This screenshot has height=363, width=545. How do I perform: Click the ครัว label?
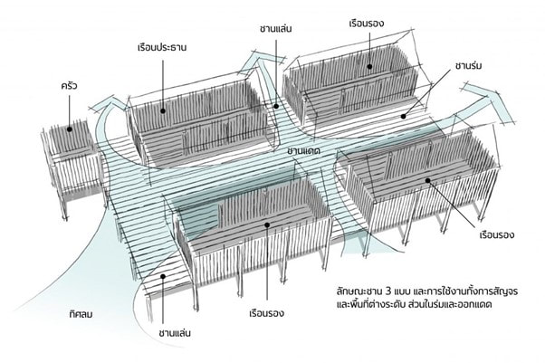pyautogui.click(x=69, y=85)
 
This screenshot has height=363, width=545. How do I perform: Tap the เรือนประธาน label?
pyautogui.click(x=162, y=47)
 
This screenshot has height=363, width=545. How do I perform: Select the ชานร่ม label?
pyautogui.click(x=469, y=66)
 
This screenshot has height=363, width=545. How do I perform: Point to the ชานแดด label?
pyautogui.click(x=303, y=151)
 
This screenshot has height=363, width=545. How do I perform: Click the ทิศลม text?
pyautogui.click(x=81, y=315)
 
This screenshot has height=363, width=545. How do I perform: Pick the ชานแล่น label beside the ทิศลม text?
pyautogui.click(x=175, y=333)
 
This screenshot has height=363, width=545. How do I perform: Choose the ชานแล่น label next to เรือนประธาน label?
pyautogui.click(x=275, y=29)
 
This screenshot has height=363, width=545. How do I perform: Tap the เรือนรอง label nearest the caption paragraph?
pyautogui.click(x=496, y=234)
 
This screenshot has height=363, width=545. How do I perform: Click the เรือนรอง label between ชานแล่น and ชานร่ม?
pyautogui.click(x=367, y=24)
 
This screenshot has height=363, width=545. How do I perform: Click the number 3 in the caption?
pyautogui.click(x=388, y=290)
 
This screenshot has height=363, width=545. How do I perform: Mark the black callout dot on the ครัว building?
pyautogui.click(x=70, y=129)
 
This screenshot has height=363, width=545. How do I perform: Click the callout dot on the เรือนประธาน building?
pyautogui.click(x=163, y=111)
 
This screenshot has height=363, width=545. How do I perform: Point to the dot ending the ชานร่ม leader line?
pyautogui.click(x=403, y=117)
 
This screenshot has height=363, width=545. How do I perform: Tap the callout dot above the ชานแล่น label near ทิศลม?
pyautogui.click(x=162, y=276)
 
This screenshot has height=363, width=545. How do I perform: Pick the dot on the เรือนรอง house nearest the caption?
pyautogui.click(x=428, y=180)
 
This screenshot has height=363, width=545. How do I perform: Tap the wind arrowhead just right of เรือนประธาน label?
pyautogui.click(x=257, y=62)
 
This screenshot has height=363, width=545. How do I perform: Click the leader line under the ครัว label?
pyautogui.click(x=69, y=110)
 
